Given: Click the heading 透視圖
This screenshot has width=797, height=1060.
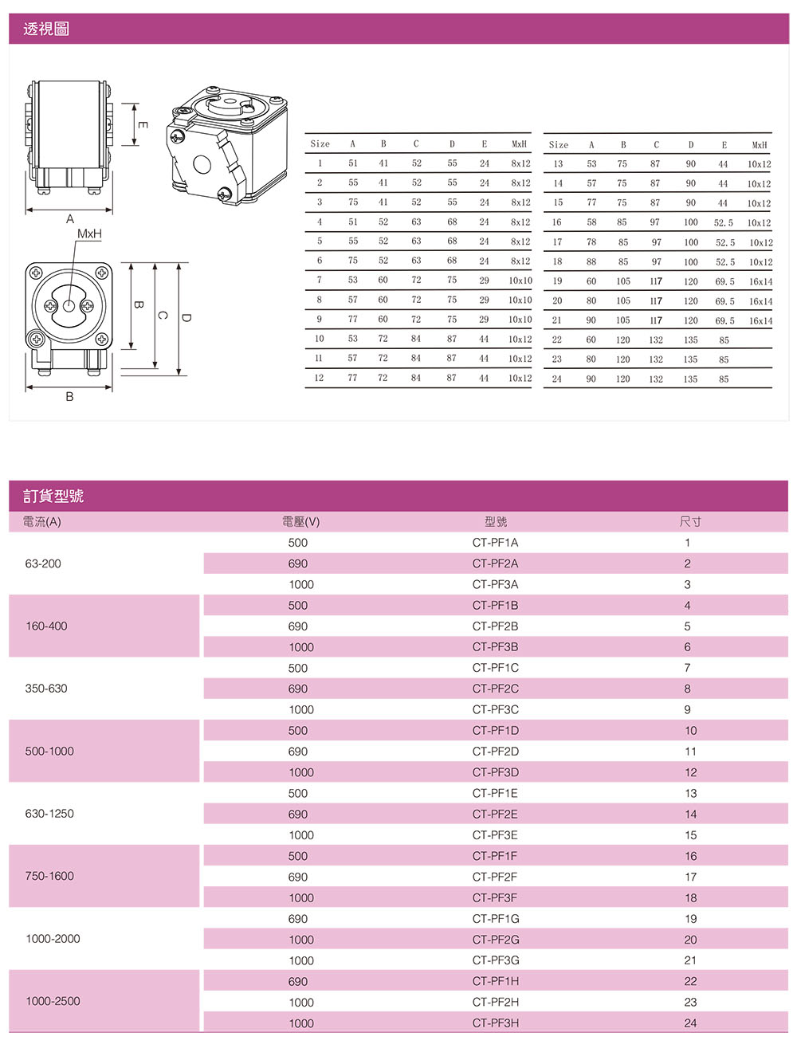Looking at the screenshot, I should pyautogui.click(x=46, y=29).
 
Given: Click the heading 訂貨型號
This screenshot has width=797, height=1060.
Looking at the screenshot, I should pyautogui.click(x=53, y=497).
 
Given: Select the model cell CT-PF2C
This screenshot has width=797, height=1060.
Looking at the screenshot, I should pyautogui.click(x=495, y=689).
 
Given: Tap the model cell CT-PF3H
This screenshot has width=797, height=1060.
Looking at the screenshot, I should pyautogui.click(x=495, y=1023).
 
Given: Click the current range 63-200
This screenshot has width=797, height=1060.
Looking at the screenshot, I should pyautogui.click(x=43, y=563).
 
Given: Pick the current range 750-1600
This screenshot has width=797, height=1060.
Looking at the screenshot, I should pyautogui.click(x=49, y=876).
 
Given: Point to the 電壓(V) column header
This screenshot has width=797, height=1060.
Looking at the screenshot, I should pyautogui.click(x=300, y=522).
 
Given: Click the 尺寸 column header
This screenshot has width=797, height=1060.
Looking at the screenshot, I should pyautogui.click(x=690, y=522).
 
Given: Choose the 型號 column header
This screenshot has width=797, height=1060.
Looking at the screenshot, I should pyautogui.click(x=495, y=522).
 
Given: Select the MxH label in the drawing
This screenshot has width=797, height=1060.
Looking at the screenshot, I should pyautogui.click(x=89, y=234).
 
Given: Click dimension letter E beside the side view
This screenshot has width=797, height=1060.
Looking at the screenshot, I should pyautogui.click(x=142, y=124).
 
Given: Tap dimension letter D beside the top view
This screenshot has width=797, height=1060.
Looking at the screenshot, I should pyautogui.click(x=186, y=317).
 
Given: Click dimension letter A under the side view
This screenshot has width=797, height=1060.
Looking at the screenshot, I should pyautogui.click(x=70, y=218).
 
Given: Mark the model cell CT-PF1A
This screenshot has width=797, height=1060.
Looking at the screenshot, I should pyautogui.click(x=495, y=543).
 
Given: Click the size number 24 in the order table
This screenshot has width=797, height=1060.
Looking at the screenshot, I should pyautogui.click(x=690, y=1023).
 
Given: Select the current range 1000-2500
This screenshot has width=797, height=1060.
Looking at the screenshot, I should pyautogui.click(x=53, y=1002).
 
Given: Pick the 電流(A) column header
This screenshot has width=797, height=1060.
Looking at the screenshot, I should pyautogui.click(x=41, y=522).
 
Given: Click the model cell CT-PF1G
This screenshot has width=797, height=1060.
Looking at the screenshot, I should pyautogui.click(x=495, y=919).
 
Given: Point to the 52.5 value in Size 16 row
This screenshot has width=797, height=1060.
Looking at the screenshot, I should pyautogui.click(x=724, y=223).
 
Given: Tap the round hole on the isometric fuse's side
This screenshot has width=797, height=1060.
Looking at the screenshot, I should pyautogui.click(x=202, y=165).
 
